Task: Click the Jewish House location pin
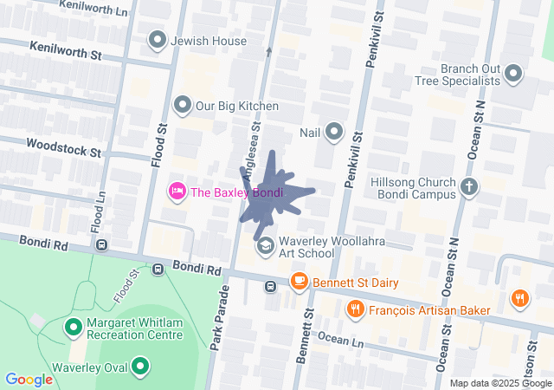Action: coord(158,40)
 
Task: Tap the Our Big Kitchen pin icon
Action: coord(183,106)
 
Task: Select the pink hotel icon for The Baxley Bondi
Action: coord(177,191)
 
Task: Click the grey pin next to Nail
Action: coord(334,133)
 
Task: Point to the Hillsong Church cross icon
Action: coord(469,187)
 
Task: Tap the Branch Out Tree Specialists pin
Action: coord(512,74)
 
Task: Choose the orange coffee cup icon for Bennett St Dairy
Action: coord(300,281)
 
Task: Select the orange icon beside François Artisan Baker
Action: coord(355,309)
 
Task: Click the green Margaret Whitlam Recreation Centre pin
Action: coord(74,328)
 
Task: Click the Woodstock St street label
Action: coord(63,147)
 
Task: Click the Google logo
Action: coord(29,379)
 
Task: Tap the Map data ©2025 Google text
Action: coord(499,383)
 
